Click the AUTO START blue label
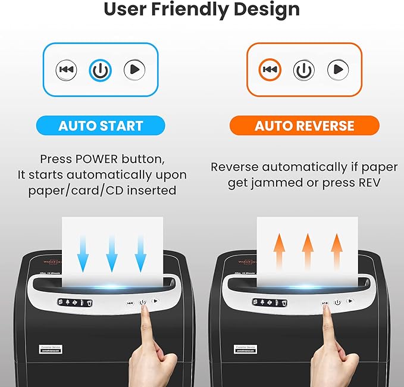(101, 126)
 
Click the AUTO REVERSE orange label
(304, 126)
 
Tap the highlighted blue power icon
(101, 70)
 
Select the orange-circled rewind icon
(270, 70)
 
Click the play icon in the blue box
(134, 70)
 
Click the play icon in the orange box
(338, 70)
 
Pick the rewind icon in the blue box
(67, 70)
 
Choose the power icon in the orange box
(304, 70)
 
